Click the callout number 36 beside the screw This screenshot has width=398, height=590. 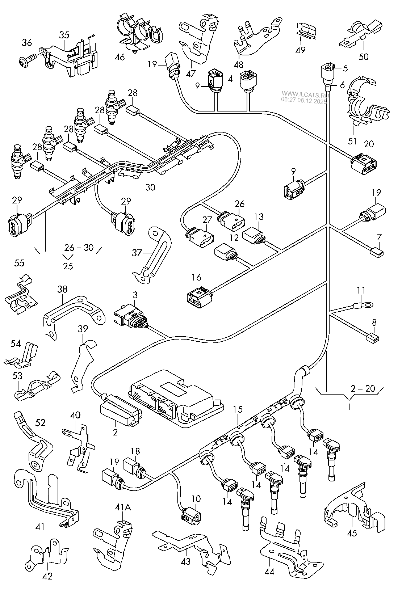(26, 42)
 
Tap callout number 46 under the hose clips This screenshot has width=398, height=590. (120, 57)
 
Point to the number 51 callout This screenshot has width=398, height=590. (353, 141)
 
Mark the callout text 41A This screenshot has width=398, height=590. (123, 508)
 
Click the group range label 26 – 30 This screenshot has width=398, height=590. (79, 248)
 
